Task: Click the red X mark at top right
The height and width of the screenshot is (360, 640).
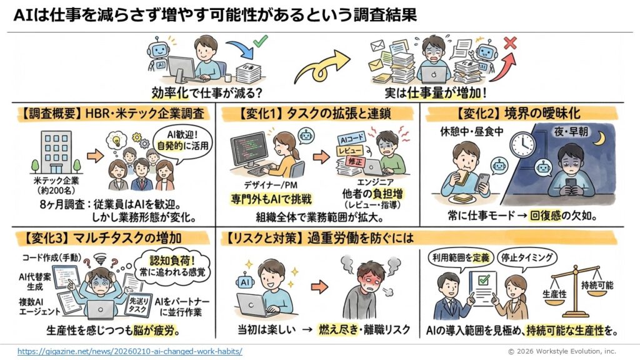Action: click(x=510, y=43)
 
